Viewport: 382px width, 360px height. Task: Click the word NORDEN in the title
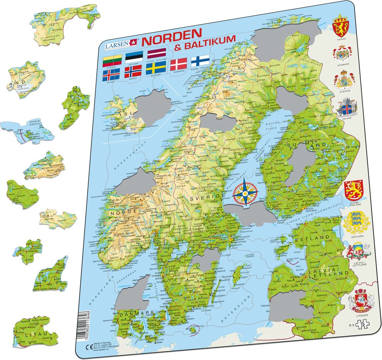[x=173, y=39]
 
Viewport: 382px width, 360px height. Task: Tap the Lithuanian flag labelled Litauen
[x=112, y=60]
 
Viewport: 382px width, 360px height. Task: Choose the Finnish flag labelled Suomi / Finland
[x=200, y=61]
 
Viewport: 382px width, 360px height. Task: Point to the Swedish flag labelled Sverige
[x=156, y=69]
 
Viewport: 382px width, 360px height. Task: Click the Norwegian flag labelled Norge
[x=133, y=71]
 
